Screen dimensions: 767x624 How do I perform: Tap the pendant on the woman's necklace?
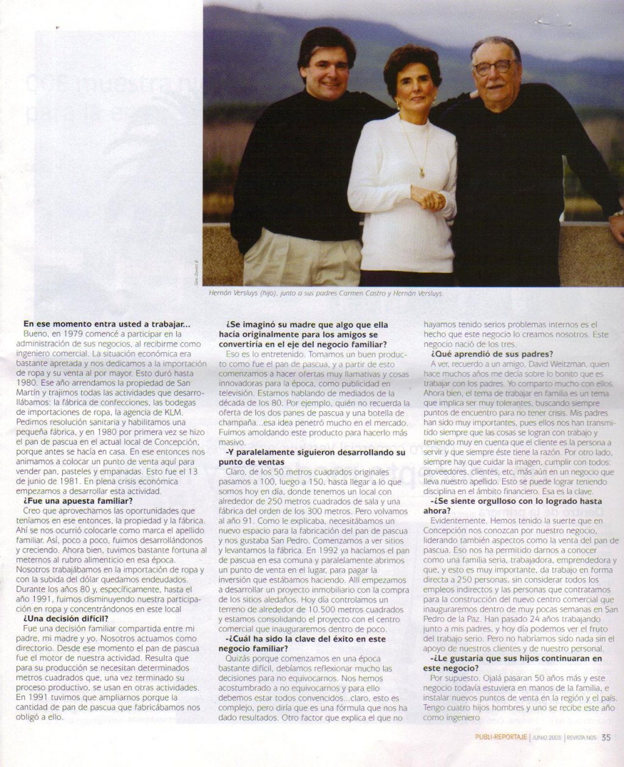pos(422,174)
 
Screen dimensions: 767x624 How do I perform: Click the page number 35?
pos(606,737)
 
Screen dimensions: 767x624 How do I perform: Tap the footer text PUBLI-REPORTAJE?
pos(501,738)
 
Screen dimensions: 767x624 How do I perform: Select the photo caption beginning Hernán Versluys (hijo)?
pos(326,294)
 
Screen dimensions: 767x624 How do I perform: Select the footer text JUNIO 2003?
pos(546,738)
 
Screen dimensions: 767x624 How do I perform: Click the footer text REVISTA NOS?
pos(581,738)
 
